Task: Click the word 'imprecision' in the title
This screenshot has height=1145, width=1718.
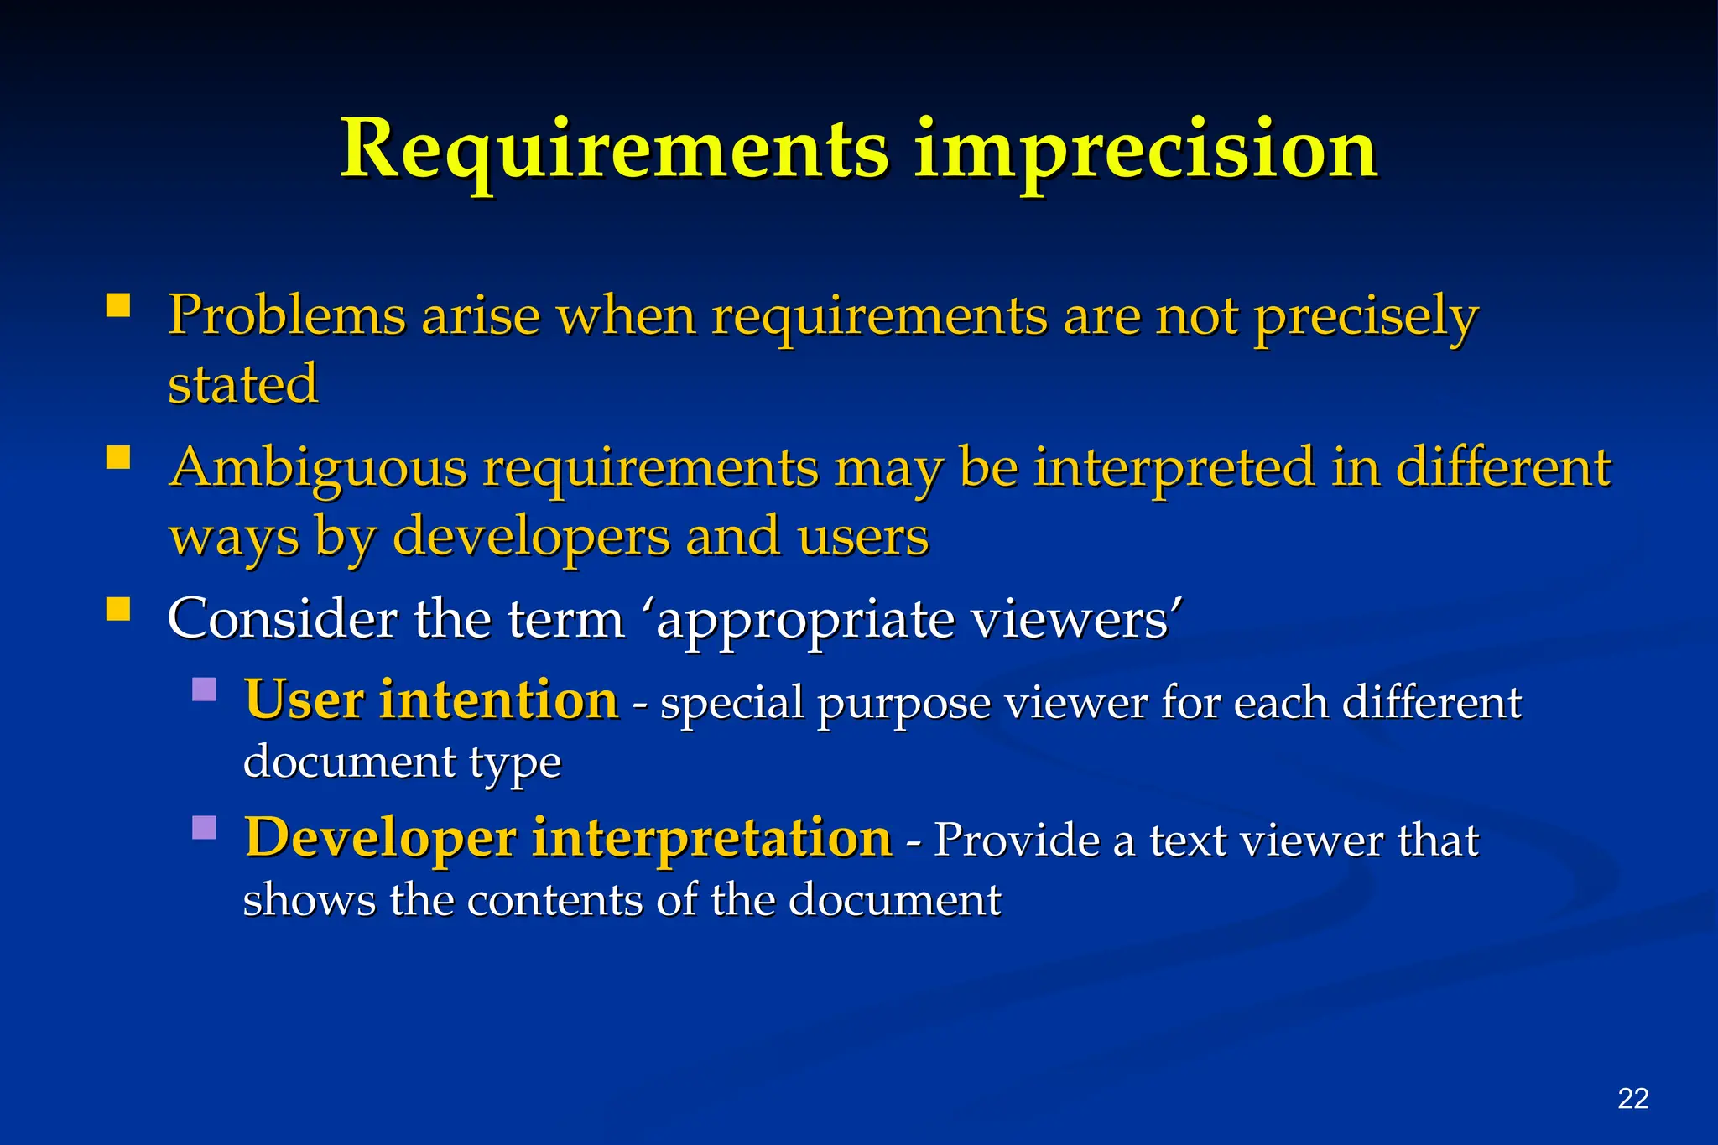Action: click(x=1145, y=151)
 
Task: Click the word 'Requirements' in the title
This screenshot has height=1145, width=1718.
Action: click(x=614, y=151)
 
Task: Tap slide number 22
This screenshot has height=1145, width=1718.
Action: click(x=1632, y=1098)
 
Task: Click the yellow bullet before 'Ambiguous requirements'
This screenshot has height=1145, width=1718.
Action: click(x=118, y=456)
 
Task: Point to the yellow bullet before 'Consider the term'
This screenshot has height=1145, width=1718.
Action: click(x=118, y=608)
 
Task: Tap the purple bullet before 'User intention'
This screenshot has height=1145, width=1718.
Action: click(x=204, y=690)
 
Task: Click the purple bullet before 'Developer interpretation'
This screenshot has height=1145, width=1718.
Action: click(x=204, y=828)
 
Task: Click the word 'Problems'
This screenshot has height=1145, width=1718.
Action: click(x=286, y=316)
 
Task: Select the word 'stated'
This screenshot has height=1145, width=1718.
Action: click(x=242, y=384)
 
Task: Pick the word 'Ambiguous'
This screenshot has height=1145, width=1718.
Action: click(x=317, y=468)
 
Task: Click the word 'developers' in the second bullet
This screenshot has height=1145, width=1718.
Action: click(x=531, y=537)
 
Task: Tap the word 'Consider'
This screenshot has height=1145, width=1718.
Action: click(x=282, y=619)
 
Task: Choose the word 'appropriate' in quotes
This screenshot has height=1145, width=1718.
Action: click(x=804, y=621)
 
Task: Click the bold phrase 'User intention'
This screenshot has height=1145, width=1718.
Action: click(x=431, y=700)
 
